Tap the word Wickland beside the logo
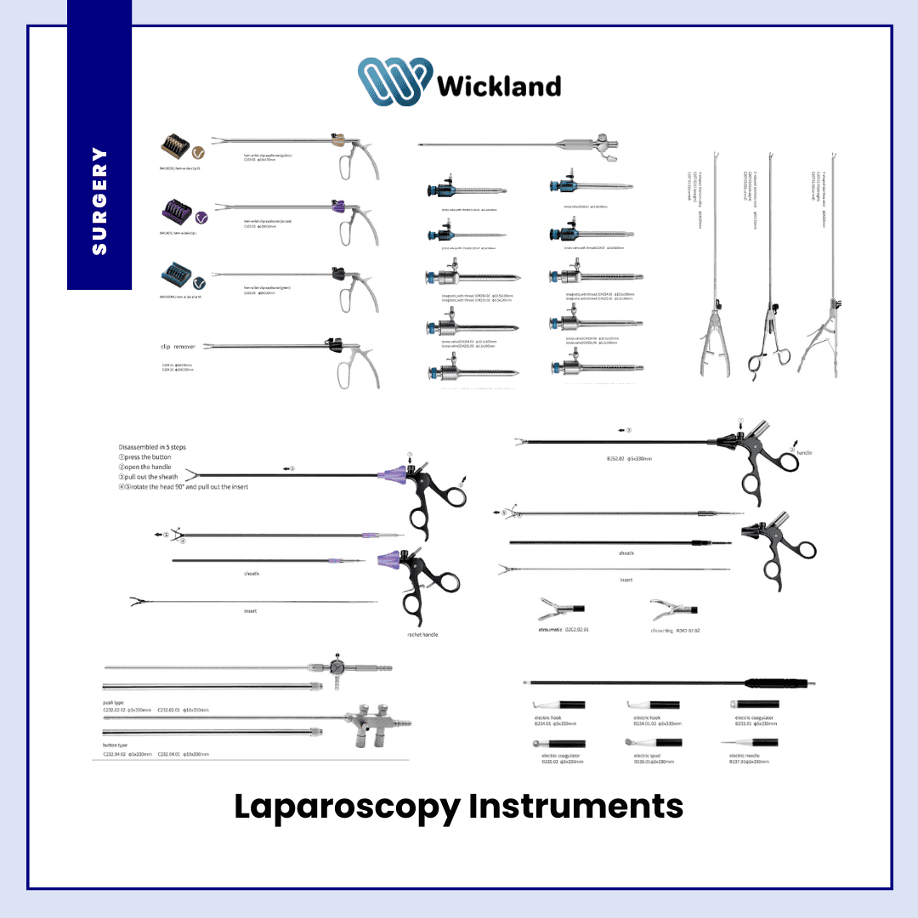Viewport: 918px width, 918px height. point(498,86)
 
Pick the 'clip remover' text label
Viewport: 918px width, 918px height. point(178,347)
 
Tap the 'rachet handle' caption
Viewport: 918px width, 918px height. point(422,635)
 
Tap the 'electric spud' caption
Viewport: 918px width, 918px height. point(648,755)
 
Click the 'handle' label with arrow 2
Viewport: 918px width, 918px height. point(803,453)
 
